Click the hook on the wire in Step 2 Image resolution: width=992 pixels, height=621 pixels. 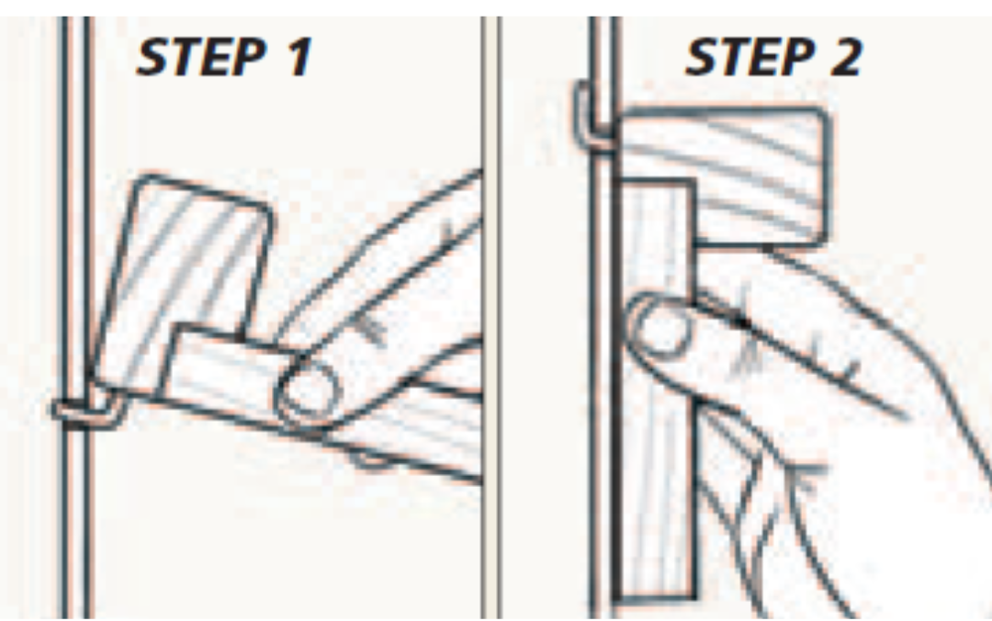pyautogui.click(x=588, y=115)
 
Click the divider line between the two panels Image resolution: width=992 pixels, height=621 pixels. pyautogui.click(x=490, y=367)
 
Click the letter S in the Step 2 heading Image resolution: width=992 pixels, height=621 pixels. pyautogui.click(x=703, y=58)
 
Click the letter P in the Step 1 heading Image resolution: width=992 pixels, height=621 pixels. pyautogui.click(x=251, y=58)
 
